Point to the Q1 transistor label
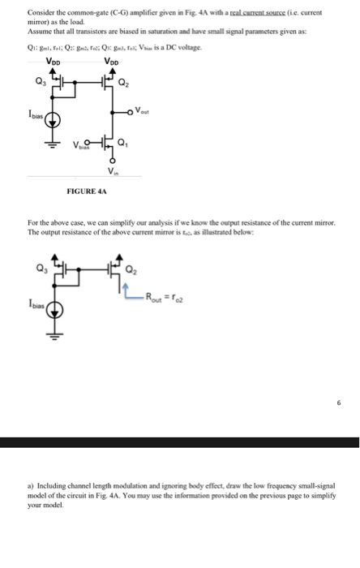pos(122,145)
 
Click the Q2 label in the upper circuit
pos(122,80)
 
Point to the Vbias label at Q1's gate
pos(82,148)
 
